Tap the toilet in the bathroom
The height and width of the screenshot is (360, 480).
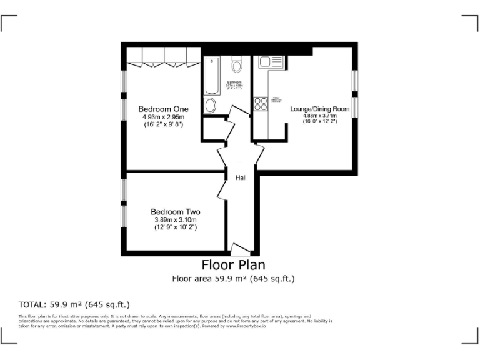[x=237, y=64]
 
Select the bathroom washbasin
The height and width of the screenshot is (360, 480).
[x=211, y=104]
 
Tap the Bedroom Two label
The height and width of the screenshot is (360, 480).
[x=176, y=212]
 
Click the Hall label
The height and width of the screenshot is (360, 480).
[x=241, y=178]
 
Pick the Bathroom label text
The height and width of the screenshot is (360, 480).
[x=234, y=82]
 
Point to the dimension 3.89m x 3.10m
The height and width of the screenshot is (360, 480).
[x=176, y=220]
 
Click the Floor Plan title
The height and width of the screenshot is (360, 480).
[x=233, y=265]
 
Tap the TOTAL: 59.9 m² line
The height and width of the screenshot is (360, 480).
[x=74, y=305]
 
